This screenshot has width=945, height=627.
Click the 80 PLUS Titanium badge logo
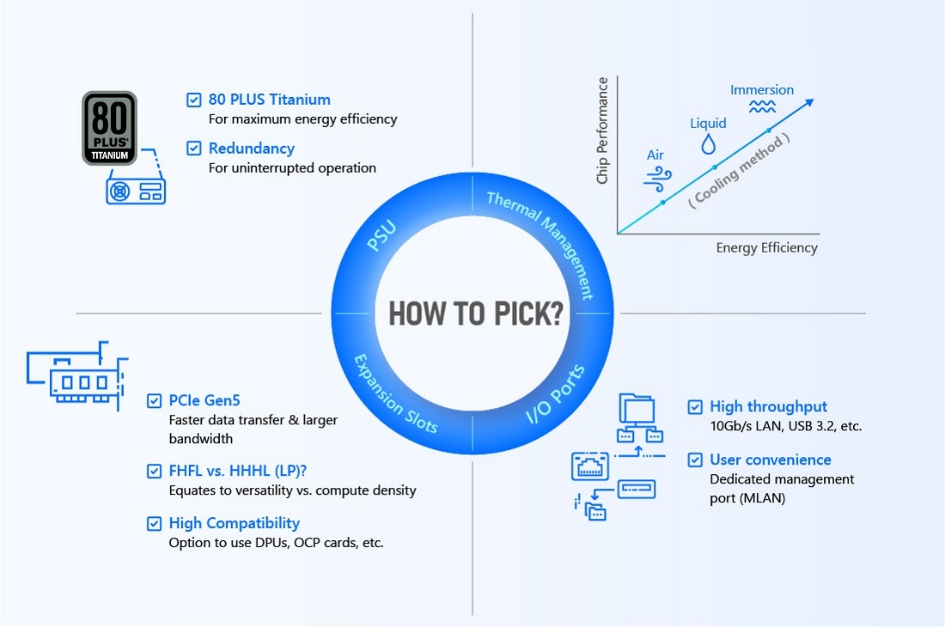[x=110, y=128]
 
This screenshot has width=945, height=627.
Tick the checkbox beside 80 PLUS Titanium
[x=193, y=100]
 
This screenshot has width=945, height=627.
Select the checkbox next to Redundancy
[x=193, y=149]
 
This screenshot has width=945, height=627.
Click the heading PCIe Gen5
[x=204, y=400]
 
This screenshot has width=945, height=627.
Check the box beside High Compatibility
[x=155, y=523]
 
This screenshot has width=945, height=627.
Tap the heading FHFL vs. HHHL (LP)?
[x=238, y=471]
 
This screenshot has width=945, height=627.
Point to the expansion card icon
[x=77, y=376]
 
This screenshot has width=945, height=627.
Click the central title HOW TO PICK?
[x=476, y=313]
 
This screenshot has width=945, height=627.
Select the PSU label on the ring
[x=381, y=235]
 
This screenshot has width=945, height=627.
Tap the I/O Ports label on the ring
[x=555, y=394]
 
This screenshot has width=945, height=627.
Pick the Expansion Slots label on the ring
[x=395, y=394]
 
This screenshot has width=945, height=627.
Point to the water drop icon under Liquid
[x=709, y=144]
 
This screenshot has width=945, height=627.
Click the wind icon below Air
[x=657, y=180]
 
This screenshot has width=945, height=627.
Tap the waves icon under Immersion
[x=762, y=107]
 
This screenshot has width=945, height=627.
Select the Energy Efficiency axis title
[x=766, y=247]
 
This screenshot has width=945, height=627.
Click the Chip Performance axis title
[x=602, y=131]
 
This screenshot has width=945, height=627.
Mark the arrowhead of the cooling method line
[x=810, y=102]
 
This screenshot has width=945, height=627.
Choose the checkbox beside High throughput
[x=695, y=407]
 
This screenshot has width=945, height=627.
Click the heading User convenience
[x=771, y=460]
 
